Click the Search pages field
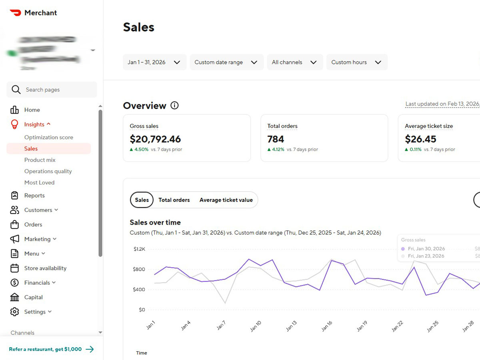[x=52, y=90]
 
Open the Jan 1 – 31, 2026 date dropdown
[x=154, y=62]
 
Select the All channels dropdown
[x=295, y=62]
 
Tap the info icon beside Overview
[x=174, y=106]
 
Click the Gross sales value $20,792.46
[x=155, y=139]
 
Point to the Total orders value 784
[x=276, y=139]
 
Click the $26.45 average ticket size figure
[x=420, y=139]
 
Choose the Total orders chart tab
[x=174, y=200]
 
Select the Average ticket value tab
[x=226, y=200]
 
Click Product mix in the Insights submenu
[x=40, y=160]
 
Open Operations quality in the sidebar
[x=48, y=171]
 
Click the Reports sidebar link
[x=34, y=196]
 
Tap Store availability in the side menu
[x=45, y=268]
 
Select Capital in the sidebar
[x=34, y=297]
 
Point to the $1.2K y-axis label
[x=139, y=249]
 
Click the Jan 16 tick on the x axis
[x=327, y=326]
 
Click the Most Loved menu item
[x=39, y=182]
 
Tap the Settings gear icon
[x=15, y=312]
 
